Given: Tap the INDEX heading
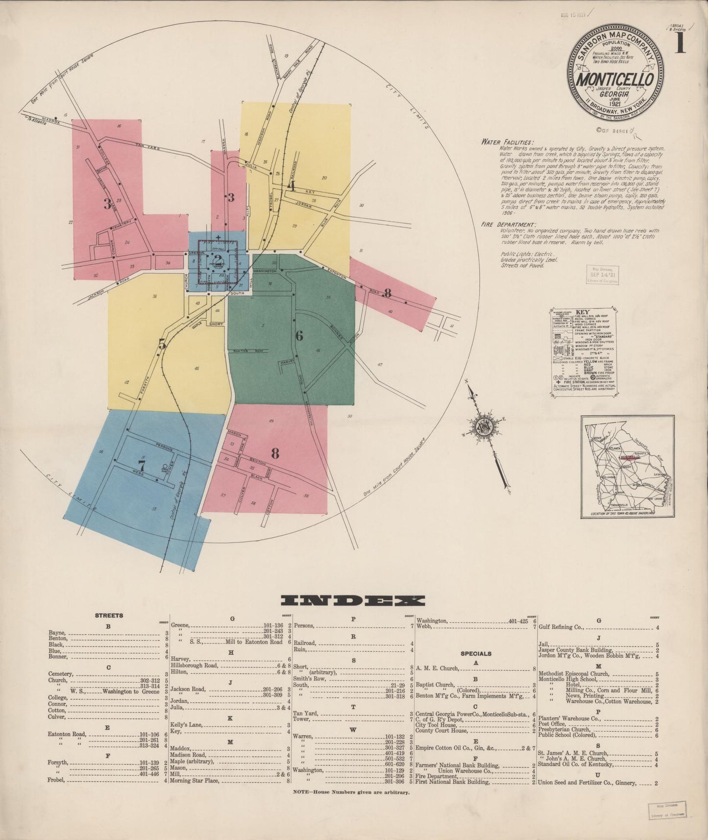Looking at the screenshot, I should [x=353, y=601].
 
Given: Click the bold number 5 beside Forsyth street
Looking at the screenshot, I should [x=162, y=345].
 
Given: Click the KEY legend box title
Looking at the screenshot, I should [x=582, y=312].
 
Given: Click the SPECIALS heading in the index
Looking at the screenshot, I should [x=475, y=653].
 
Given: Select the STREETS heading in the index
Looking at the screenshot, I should [x=109, y=616].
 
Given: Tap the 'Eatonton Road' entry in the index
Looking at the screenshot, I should [x=67, y=734].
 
